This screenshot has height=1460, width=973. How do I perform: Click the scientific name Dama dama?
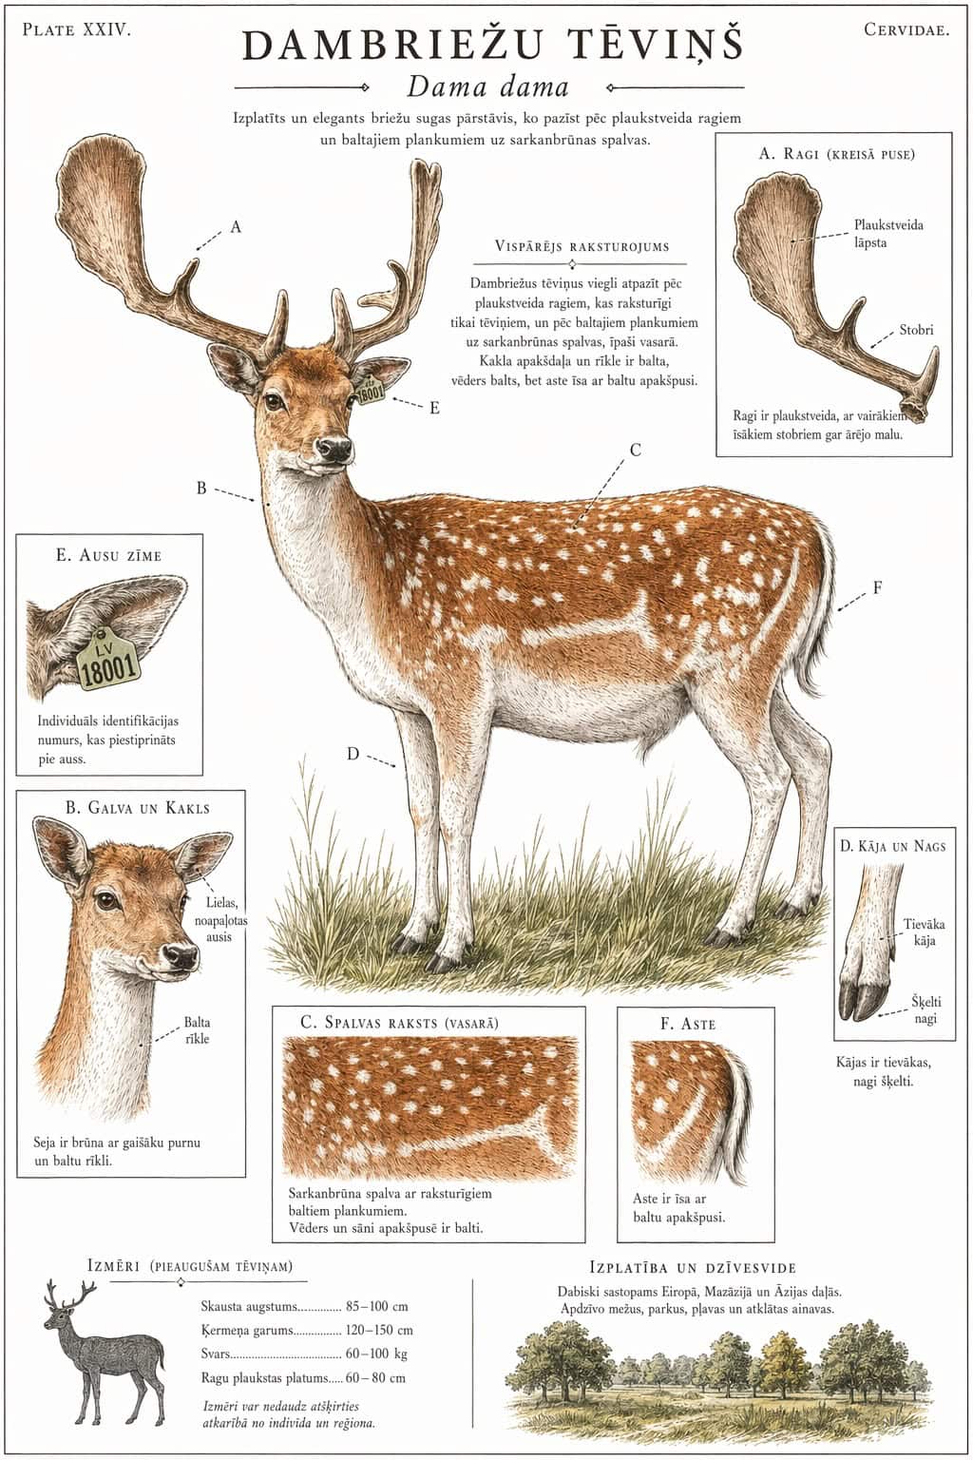[x=487, y=86]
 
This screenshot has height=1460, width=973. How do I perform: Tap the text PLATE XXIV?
[x=76, y=29]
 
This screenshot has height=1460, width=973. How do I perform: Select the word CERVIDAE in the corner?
[x=906, y=29]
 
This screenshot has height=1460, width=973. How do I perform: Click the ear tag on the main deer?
[x=372, y=390]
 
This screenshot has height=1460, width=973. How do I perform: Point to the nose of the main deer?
[x=334, y=447]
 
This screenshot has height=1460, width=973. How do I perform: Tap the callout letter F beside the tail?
[x=877, y=588]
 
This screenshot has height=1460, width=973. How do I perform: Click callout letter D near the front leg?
[x=353, y=754]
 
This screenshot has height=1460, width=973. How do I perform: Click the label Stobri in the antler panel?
[x=916, y=330]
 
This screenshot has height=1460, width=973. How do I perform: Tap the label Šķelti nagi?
[x=926, y=1009]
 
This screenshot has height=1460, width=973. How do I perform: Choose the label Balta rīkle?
[x=197, y=1030]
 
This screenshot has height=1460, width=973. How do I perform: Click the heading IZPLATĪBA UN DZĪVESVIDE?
[x=693, y=1268]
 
